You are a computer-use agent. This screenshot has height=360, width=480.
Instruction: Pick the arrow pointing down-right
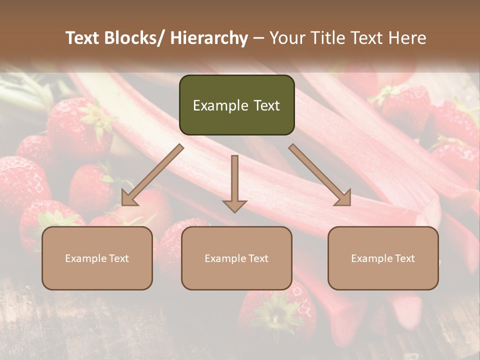pyautogui.click(x=320, y=175)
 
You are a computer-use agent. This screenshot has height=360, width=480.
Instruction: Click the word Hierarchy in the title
pyautogui.click(x=209, y=38)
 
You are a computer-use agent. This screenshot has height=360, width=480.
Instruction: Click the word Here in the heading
pyautogui.click(x=408, y=38)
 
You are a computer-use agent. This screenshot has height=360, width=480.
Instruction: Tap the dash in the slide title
pyautogui.click(x=258, y=38)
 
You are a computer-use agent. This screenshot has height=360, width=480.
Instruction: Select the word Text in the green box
pyautogui.click(x=266, y=105)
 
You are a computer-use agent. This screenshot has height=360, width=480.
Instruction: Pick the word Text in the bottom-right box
pyautogui.click(x=404, y=258)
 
